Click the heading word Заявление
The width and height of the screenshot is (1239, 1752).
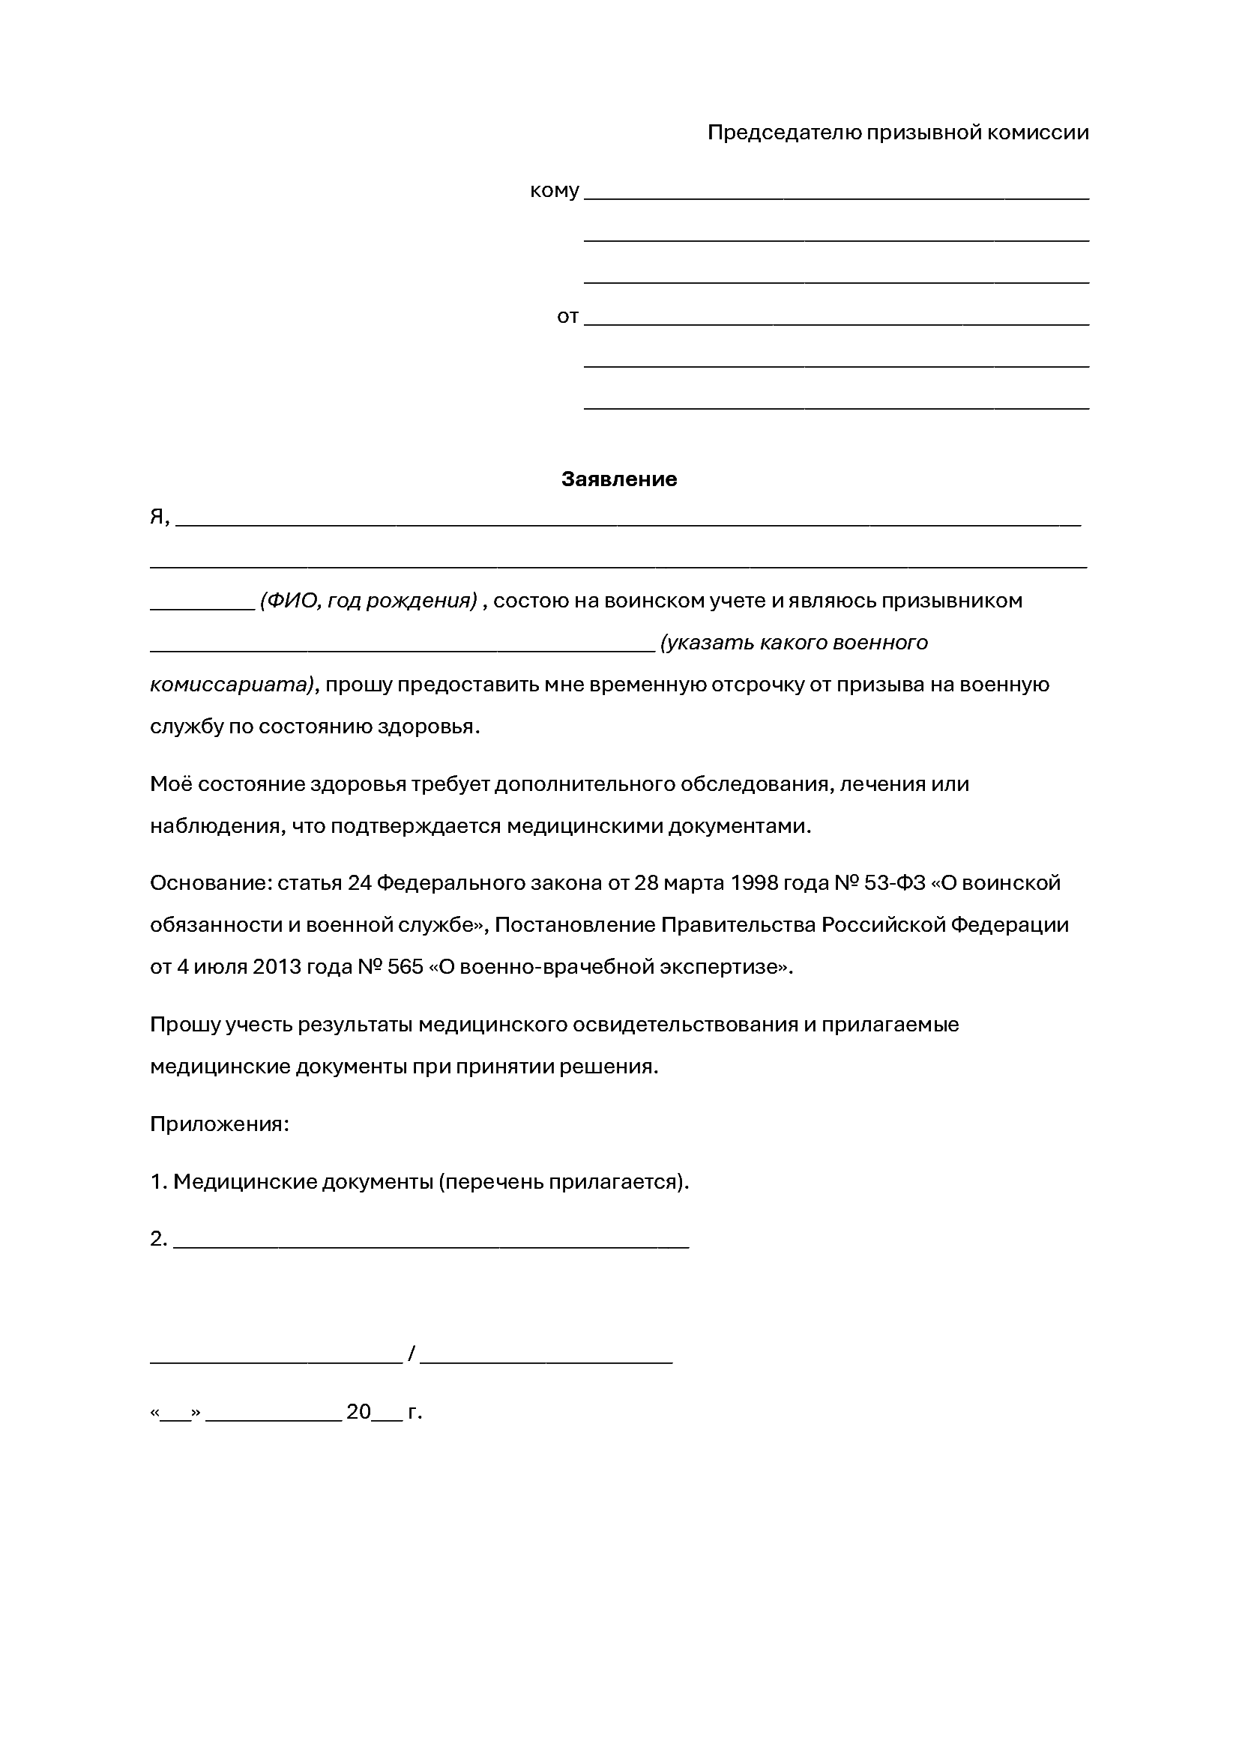click(x=618, y=479)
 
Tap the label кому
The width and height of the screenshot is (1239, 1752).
click(x=554, y=190)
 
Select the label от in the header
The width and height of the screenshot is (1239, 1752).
click(x=567, y=316)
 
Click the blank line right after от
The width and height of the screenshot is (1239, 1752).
click(x=836, y=323)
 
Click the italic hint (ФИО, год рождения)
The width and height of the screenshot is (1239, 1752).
click(x=368, y=601)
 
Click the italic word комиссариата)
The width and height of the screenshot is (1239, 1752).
click(x=232, y=685)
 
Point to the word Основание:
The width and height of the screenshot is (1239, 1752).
click(x=210, y=883)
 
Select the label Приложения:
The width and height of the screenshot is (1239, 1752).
click(x=219, y=1124)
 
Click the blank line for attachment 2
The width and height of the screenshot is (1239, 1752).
click(x=431, y=1245)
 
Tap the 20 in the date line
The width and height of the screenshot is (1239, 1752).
click(x=358, y=1412)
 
